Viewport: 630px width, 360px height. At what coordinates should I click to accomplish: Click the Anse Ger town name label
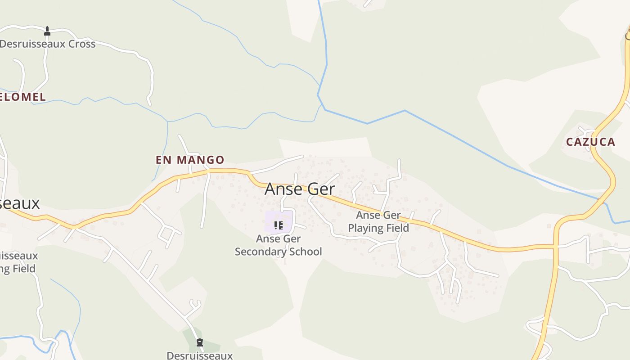pyautogui.click(x=300, y=189)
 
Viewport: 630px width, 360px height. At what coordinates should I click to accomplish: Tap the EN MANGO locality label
pyautogui.click(x=190, y=160)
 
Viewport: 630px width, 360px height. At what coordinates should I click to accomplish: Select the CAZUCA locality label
pyautogui.click(x=590, y=142)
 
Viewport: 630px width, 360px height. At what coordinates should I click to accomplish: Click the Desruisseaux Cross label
pyautogui.click(x=48, y=44)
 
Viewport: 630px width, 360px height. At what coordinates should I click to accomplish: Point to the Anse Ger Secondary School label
pyautogui.click(x=278, y=245)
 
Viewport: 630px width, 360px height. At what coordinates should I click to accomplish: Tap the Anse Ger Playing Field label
pyautogui.click(x=378, y=221)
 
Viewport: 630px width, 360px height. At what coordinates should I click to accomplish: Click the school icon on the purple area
pyautogui.click(x=278, y=225)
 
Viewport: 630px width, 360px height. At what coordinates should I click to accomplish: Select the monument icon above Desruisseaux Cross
pyautogui.click(x=47, y=31)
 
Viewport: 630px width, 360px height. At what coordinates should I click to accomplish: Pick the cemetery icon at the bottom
pyautogui.click(x=200, y=342)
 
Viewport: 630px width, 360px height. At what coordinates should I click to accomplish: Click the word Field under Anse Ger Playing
pyautogui.click(x=397, y=228)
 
